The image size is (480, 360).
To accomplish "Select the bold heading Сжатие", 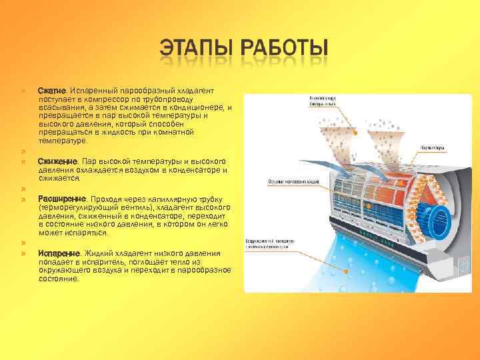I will pyautogui.click(x=51, y=91).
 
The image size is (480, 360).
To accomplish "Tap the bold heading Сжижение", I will pyautogui.click(x=58, y=161).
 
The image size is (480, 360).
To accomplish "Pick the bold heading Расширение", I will pyautogui.click(x=61, y=199).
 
